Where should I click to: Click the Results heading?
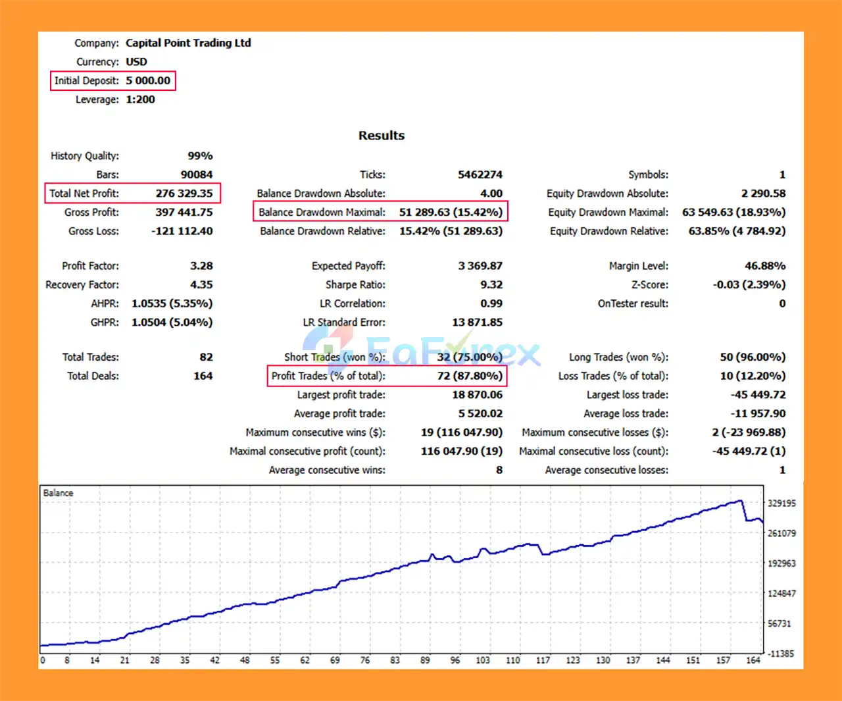(x=382, y=136)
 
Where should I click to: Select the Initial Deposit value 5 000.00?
(x=148, y=81)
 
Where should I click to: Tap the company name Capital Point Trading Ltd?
(x=188, y=43)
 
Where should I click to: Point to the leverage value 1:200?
(x=140, y=99)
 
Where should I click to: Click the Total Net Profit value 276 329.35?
(x=184, y=194)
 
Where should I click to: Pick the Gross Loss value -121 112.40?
(x=182, y=231)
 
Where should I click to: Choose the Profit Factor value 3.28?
(x=201, y=266)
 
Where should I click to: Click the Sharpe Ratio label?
(x=355, y=285)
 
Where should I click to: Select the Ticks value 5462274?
(x=480, y=174)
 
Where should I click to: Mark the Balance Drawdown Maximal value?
(x=451, y=212)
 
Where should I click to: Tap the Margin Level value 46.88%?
(x=764, y=266)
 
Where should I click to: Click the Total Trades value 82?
(x=206, y=357)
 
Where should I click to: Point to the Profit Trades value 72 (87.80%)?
(x=470, y=376)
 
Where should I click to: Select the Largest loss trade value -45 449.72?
(x=758, y=395)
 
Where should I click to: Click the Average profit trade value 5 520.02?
(x=480, y=413)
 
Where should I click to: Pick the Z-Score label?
(x=649, y=285)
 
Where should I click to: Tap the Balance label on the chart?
(x=58, y=493)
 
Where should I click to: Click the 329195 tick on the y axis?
(x=781, y=504)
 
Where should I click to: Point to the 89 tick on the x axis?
(x=425, y=660)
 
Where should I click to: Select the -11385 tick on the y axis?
(x=781, y=654)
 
